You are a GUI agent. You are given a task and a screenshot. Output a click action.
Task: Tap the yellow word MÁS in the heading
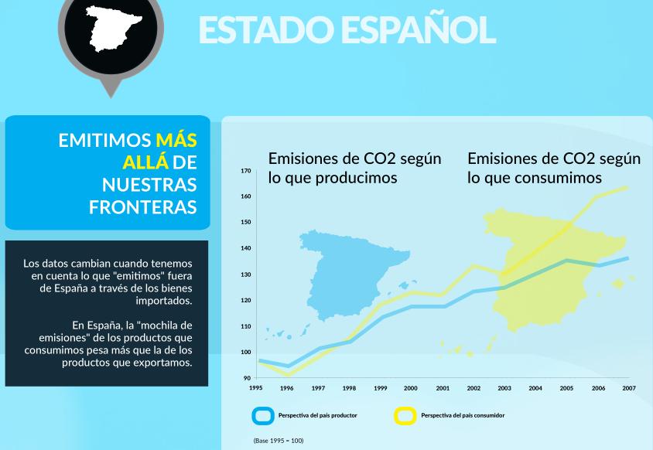[176, 140]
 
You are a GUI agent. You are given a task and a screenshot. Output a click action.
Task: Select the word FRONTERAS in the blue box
[142, 207]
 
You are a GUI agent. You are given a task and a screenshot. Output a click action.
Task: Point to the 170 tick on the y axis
[245, 170]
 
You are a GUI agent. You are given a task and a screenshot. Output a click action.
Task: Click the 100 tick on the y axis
[245, 352]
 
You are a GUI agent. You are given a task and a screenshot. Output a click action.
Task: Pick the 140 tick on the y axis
[245, 248]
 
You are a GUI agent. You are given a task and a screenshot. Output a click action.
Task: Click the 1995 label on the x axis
[255, 388]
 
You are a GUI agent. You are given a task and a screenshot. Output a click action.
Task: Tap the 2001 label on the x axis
[442, 388]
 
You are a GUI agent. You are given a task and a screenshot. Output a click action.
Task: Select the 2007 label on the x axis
[628, 388]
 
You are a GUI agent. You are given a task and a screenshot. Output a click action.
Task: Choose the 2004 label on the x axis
[535, 388]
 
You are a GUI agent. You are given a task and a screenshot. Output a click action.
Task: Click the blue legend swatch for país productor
[264, 415]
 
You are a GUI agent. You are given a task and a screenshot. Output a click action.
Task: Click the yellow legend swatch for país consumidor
[405, 415]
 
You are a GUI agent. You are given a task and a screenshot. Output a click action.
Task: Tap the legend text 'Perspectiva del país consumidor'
[463, 415]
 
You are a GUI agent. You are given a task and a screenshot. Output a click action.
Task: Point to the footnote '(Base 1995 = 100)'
[279, 441]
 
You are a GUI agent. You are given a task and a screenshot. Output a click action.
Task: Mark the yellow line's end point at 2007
[627, 187]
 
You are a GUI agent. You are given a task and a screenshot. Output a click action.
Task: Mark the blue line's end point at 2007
[627, 258]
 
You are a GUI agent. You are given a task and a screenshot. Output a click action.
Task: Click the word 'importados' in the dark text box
[164, 300]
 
